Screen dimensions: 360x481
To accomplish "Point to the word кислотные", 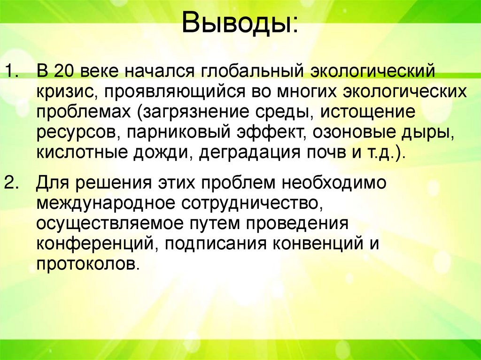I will coord(73,153).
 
